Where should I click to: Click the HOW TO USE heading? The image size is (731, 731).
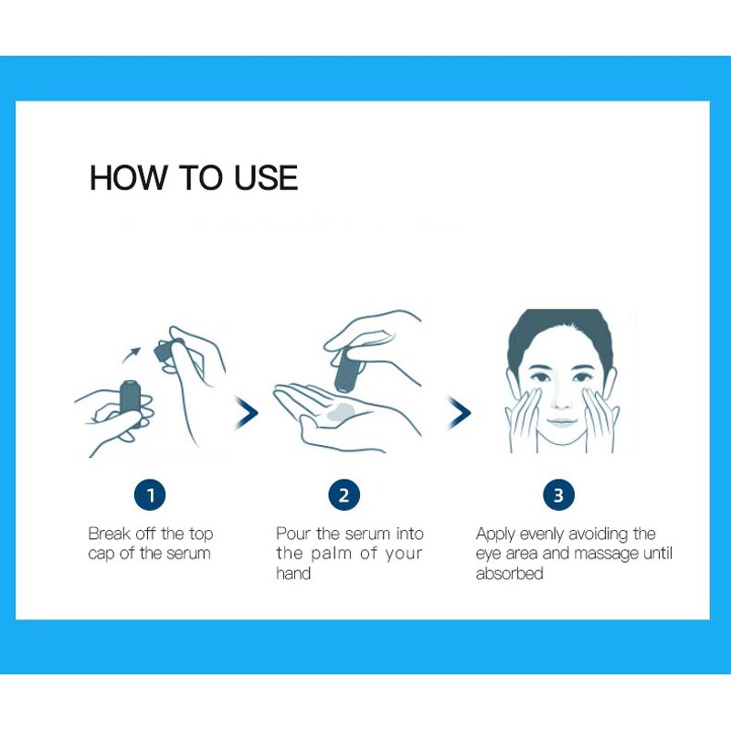click(194, 177)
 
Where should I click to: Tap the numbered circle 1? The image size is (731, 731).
click(150, 495)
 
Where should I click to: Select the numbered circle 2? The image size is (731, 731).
click(344, 495)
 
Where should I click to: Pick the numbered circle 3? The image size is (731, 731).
click(558, 495)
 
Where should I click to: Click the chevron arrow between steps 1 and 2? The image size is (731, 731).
click(247, 412)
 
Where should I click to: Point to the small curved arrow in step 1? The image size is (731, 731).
click(133, 352)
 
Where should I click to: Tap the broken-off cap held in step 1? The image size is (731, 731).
click(168, 350)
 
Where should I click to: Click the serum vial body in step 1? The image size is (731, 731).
click(132, 402)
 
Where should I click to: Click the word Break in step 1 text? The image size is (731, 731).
click(108, 534)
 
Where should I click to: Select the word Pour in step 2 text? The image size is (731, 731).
click(293, 534)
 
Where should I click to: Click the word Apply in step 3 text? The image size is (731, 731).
click(495, 534)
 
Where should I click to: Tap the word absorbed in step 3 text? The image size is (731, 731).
click(509, 574)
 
